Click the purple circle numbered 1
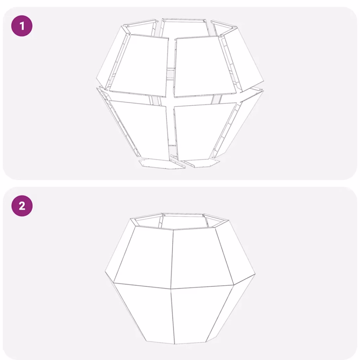pyautogui.click(x=22, y=27)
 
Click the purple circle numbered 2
pyautogui.click(x=22, y=206)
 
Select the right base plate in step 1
pyautogui.click(x=201, y=163)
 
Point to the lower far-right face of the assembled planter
pyautogui.click(x=236, y=308)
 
